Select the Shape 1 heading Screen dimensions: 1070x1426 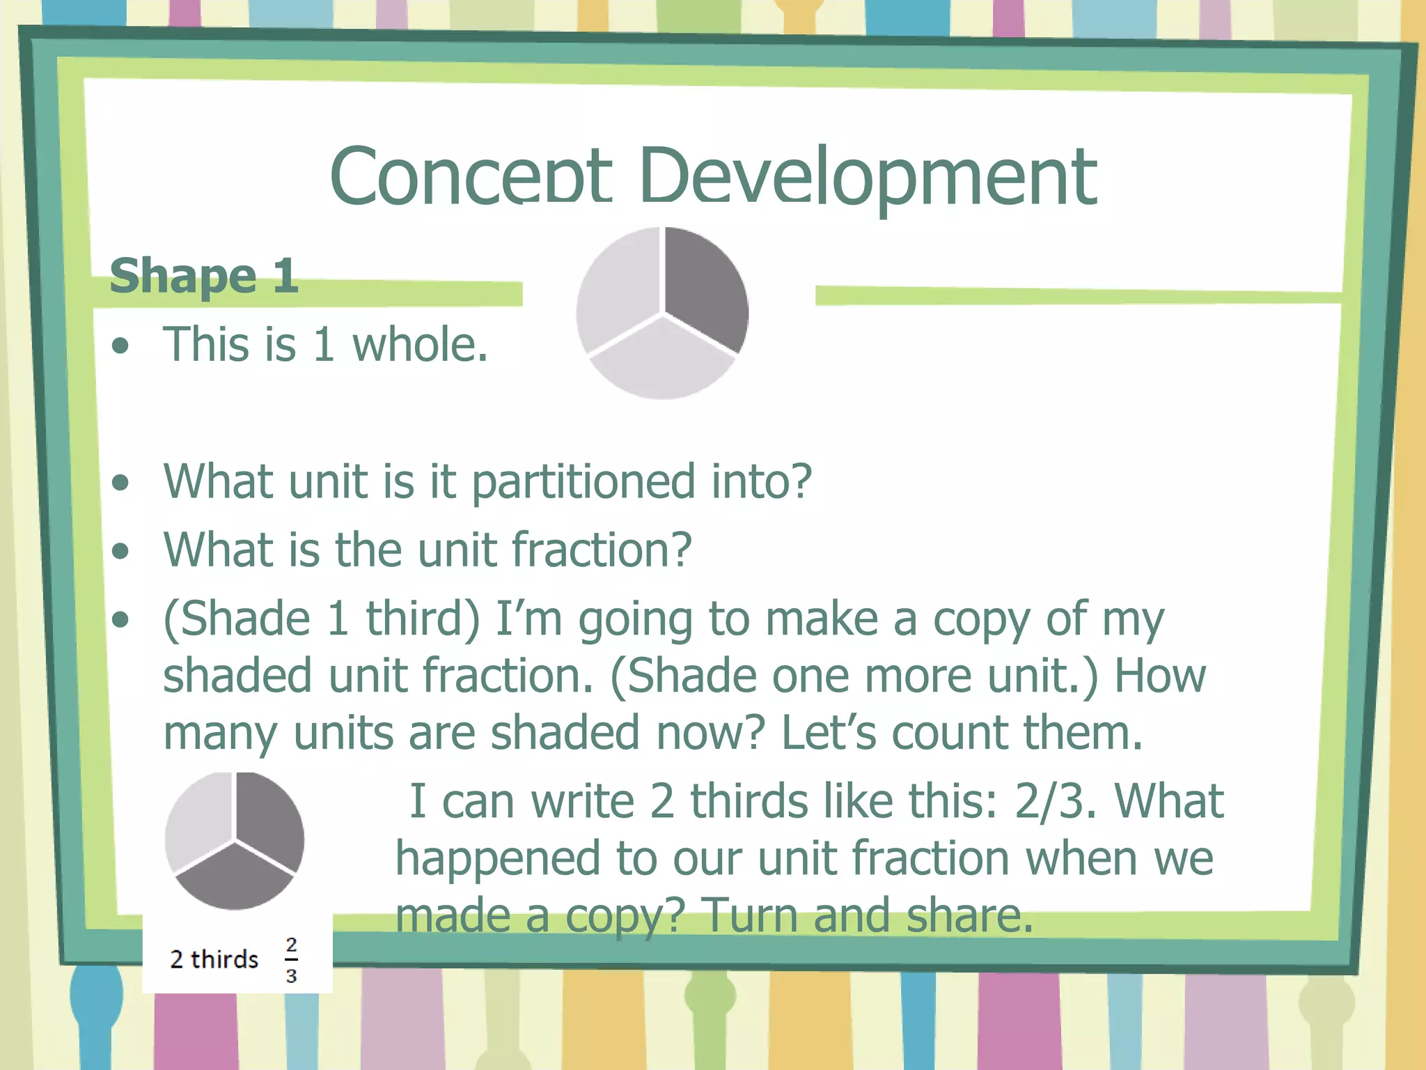pos(204,276)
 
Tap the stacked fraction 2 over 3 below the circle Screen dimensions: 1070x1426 pos(291,960)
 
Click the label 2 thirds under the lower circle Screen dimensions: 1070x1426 pos(214,960)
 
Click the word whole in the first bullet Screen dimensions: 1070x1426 pos(420,345)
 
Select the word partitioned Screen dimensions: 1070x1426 pos(583,482)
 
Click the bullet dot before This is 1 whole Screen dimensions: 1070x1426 pos(121,346)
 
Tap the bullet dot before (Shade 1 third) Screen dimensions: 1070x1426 pos(121,619)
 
